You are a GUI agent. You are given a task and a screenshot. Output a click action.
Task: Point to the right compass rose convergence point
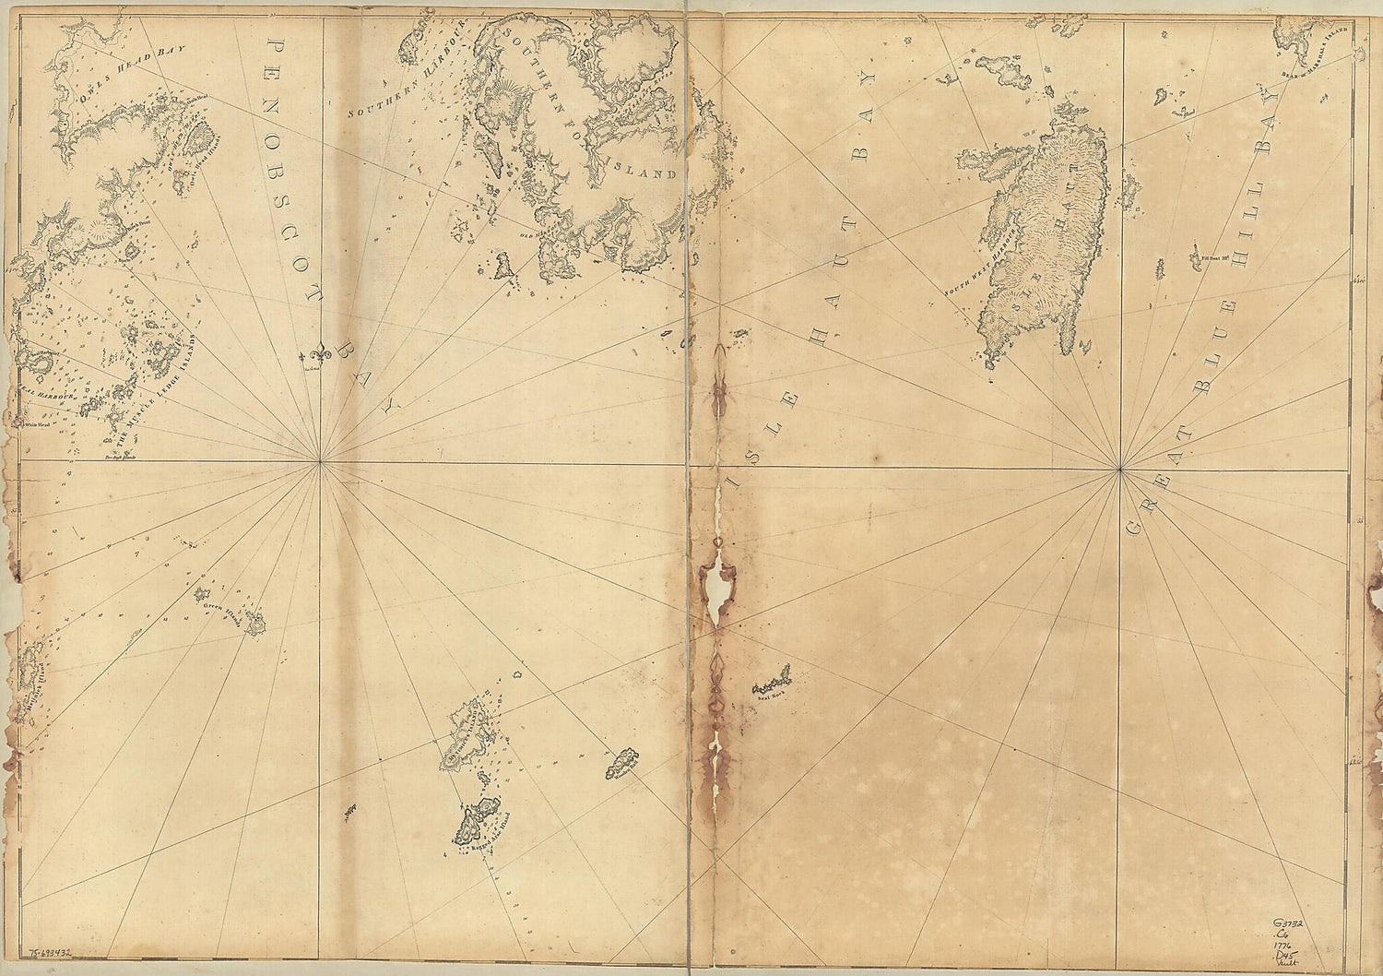tap(1118, 471)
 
